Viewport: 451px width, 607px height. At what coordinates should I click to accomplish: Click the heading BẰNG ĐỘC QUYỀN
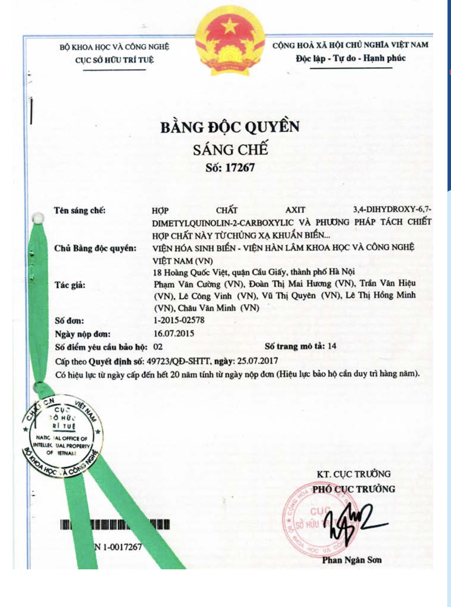point(230,127)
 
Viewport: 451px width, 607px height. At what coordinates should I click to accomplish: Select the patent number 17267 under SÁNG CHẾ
point(240,167)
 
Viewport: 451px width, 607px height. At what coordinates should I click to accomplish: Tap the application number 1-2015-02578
point(179,320)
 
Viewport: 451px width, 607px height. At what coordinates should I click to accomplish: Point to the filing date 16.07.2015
point(174,333)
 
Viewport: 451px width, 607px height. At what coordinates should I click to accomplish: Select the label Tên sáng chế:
point(80,210)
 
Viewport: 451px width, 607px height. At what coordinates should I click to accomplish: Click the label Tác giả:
point(70,285)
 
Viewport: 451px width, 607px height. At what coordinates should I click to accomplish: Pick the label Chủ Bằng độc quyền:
point(95,248)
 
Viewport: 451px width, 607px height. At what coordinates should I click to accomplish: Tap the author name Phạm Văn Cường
point(187,284)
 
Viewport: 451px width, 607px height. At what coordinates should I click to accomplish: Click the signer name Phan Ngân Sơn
point(352,560)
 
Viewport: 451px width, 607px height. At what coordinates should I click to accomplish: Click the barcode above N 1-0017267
point(115,525)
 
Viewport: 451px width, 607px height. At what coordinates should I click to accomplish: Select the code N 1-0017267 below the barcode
point(118,547)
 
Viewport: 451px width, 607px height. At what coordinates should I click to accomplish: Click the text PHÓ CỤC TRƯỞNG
point(354,489)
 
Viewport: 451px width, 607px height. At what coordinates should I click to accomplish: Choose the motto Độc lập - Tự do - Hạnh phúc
point(350,58)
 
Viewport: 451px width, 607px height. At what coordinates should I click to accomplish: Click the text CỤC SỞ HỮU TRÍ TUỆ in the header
point(114,60)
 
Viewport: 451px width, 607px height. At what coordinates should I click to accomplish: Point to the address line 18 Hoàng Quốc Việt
point(254,271)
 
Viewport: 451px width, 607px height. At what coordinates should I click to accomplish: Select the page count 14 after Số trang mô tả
point(332,346)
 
